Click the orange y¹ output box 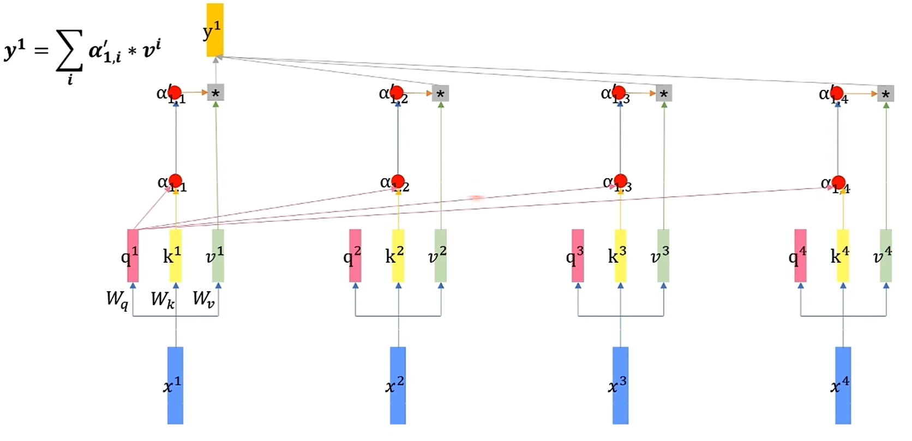215,30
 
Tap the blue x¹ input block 175,385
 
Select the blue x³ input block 620,385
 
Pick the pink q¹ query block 133,256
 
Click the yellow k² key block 398,256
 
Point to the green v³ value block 663,256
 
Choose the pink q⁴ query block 800,256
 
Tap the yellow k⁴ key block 843,256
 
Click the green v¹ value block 218,256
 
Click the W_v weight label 203,299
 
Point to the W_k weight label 163,299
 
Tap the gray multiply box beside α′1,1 216,93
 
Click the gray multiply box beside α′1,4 885,94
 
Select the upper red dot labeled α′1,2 398,92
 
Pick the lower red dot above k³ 620,181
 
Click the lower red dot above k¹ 175,181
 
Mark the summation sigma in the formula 70,52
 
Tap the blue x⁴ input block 843,385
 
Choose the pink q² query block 355,256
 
